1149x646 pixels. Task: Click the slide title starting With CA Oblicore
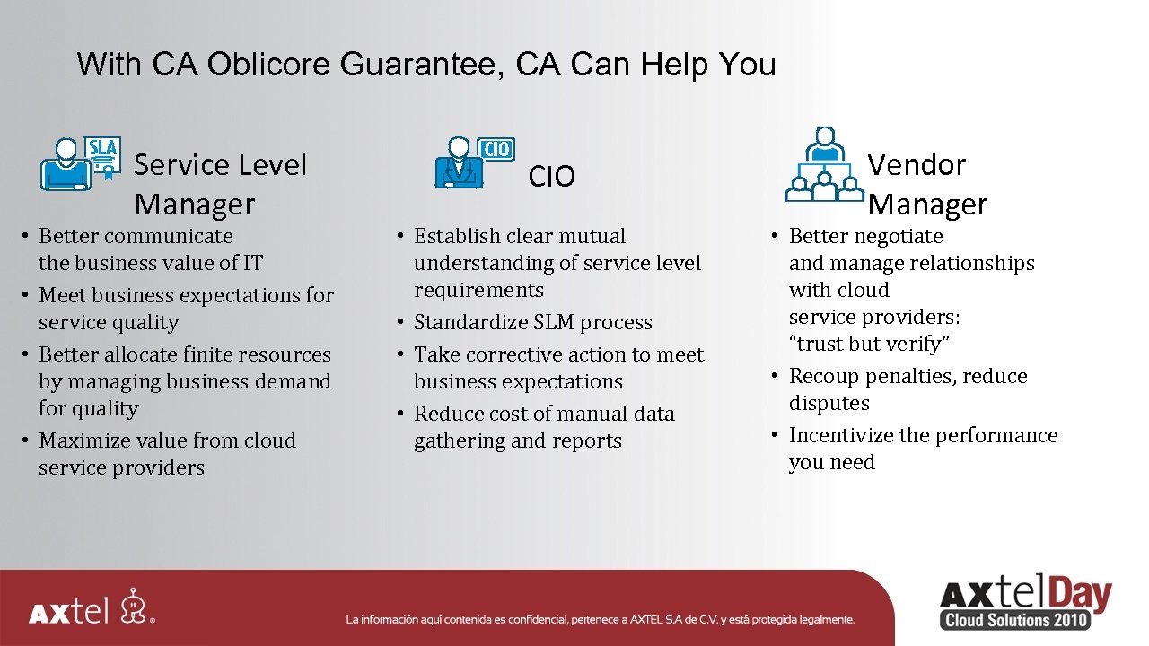click(x=425, y=65)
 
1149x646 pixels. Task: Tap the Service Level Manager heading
click(x=220, y=184)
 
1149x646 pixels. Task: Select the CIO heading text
click(x=551, y=177)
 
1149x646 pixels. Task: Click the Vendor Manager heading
click(x=927, y=184)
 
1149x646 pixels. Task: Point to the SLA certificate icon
click(x=104, y=158)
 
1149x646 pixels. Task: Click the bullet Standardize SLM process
click(x=532, y=322)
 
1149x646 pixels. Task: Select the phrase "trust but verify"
click(x=869, y=344)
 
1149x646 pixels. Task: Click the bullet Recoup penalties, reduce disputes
click(x=907, y=389)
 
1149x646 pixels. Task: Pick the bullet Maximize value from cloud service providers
click(x=166, y=454)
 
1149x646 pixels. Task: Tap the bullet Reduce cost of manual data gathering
click(x=543, y=427)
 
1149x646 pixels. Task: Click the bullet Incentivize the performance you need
click(x=922, y=449)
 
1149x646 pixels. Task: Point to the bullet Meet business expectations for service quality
click(x=185, y=309)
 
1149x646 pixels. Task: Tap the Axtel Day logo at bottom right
click(x=1024, y=594)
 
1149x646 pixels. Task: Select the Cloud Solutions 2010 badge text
click(x=1015, y=620)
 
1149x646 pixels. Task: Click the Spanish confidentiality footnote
click(x=600, y=619)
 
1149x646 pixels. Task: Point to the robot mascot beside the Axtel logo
click(x=136, y=606)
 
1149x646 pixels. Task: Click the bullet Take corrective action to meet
click(x=558, y=368)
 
